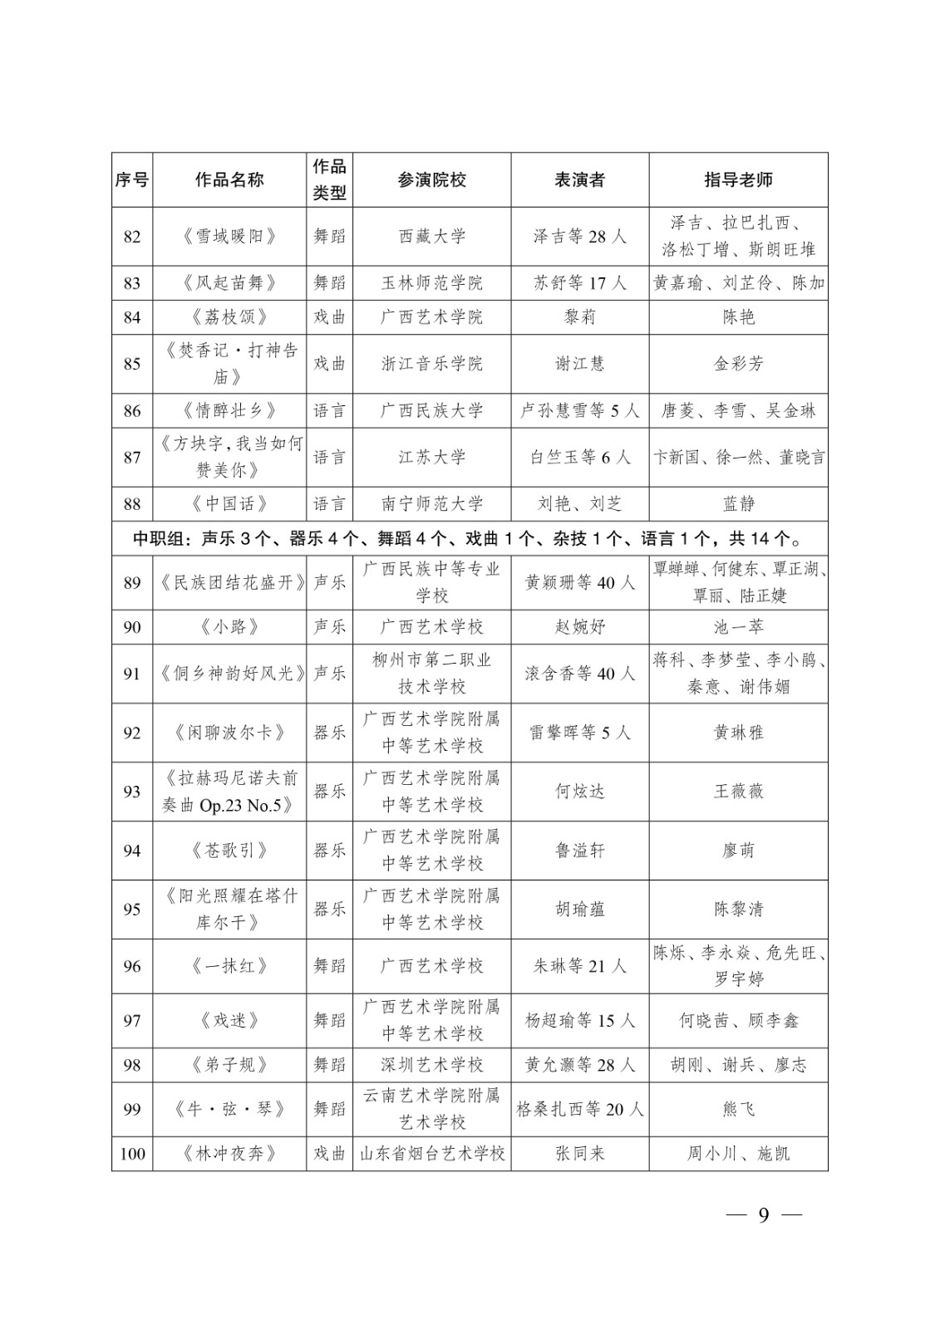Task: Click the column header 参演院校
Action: click(431, 179)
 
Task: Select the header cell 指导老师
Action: click(738, 179)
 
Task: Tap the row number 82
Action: click(132, 237)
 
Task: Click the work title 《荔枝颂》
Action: click(229, 317)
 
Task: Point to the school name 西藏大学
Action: click(431, 237)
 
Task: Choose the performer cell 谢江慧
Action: click(579, 364)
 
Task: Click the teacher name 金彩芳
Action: click(738, 364)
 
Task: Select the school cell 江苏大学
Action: click(431, 458)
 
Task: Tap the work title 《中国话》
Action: click(229, 504)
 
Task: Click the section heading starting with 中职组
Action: click(470, 539)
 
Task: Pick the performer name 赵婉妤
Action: click(579, 627)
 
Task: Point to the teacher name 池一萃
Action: click(738, 627)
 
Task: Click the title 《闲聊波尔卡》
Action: click(229, 733)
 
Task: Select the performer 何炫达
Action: click(579, 792)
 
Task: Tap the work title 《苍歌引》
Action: click(229, 851)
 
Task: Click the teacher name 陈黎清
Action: click(738, 910)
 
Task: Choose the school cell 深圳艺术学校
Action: click(431, 1065)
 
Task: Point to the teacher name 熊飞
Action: click(738, 1109)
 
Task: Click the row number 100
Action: click(132, 1154)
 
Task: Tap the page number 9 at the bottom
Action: click(763, 1215)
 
